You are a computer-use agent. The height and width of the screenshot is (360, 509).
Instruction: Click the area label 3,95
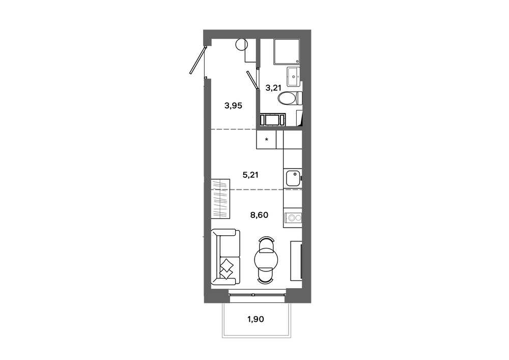pyautogui.click(x=234, y=106)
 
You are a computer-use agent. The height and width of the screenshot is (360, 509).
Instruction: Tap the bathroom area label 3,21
pyautogui.click(x=273, y=88)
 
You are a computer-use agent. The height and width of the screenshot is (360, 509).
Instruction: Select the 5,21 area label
pyautogui.click(x=250, y=175)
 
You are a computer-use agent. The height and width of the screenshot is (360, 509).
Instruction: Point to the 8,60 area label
pyautogui.click(x=260, y=215)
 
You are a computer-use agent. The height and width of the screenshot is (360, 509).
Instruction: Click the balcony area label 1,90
pyautogui.click(x=256, y=319)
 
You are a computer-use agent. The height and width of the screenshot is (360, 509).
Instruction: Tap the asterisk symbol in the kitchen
pyautogui.click(x=267, y=140)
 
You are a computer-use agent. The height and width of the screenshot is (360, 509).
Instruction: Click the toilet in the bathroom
pyautogui.click(x=290, y=98)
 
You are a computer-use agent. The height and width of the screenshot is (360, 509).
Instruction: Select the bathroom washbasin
pyautogui.click(x=294, y=77)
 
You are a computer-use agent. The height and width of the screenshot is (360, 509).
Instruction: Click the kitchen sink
pyautogui.click(x=293, y=178)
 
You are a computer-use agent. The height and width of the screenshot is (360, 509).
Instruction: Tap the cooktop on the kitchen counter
pyautogui.click(x=293, y=217)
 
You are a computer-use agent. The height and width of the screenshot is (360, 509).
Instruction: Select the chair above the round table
pyautogui.click(x=266, y=242)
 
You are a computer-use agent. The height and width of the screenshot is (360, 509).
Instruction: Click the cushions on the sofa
pyautogui.click(x=227, y=267)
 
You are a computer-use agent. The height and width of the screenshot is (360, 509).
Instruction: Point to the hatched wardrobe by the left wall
pyautogui.click(x=220, y=199)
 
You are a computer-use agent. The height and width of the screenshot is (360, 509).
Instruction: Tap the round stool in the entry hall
pyautogui.click(x=241, y=44)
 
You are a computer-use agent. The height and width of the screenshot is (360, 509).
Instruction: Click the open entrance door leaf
pyautogui.click(x=197, y=61)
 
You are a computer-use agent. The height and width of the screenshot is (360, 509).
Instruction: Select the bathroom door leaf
pyautogui.click(x=252, y=80)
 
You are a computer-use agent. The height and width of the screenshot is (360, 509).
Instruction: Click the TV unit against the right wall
pyautogui.click(x=296, y=261)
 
